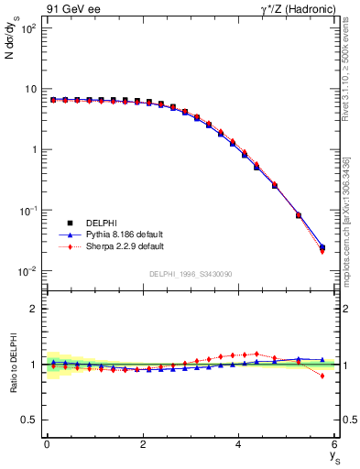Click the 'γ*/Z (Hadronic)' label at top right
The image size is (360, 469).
click(x=295, y=8)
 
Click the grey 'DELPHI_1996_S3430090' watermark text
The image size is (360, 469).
click(x=189, y=274)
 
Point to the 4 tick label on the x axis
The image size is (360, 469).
click(x=239, y=444)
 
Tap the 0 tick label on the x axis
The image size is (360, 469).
click(x=47, y=444)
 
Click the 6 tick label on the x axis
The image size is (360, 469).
click(x=335, y=444)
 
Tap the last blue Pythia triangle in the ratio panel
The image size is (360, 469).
click(x=322, y=360)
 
